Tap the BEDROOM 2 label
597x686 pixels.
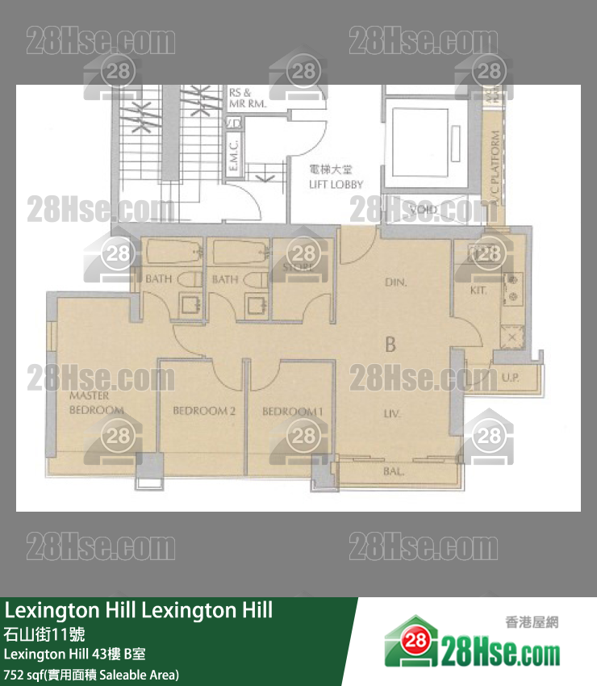(204, 411)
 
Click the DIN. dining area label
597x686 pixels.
(395, 282)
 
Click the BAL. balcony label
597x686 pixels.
(394, 471)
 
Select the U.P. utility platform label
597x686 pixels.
(511, 377)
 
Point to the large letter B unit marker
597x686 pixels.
(390, 345)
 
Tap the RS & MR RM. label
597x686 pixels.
(248, 98)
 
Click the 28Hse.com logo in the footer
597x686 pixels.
(472, 642)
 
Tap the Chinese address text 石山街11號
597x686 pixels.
(43, 633)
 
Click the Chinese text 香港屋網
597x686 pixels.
(532, 621)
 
